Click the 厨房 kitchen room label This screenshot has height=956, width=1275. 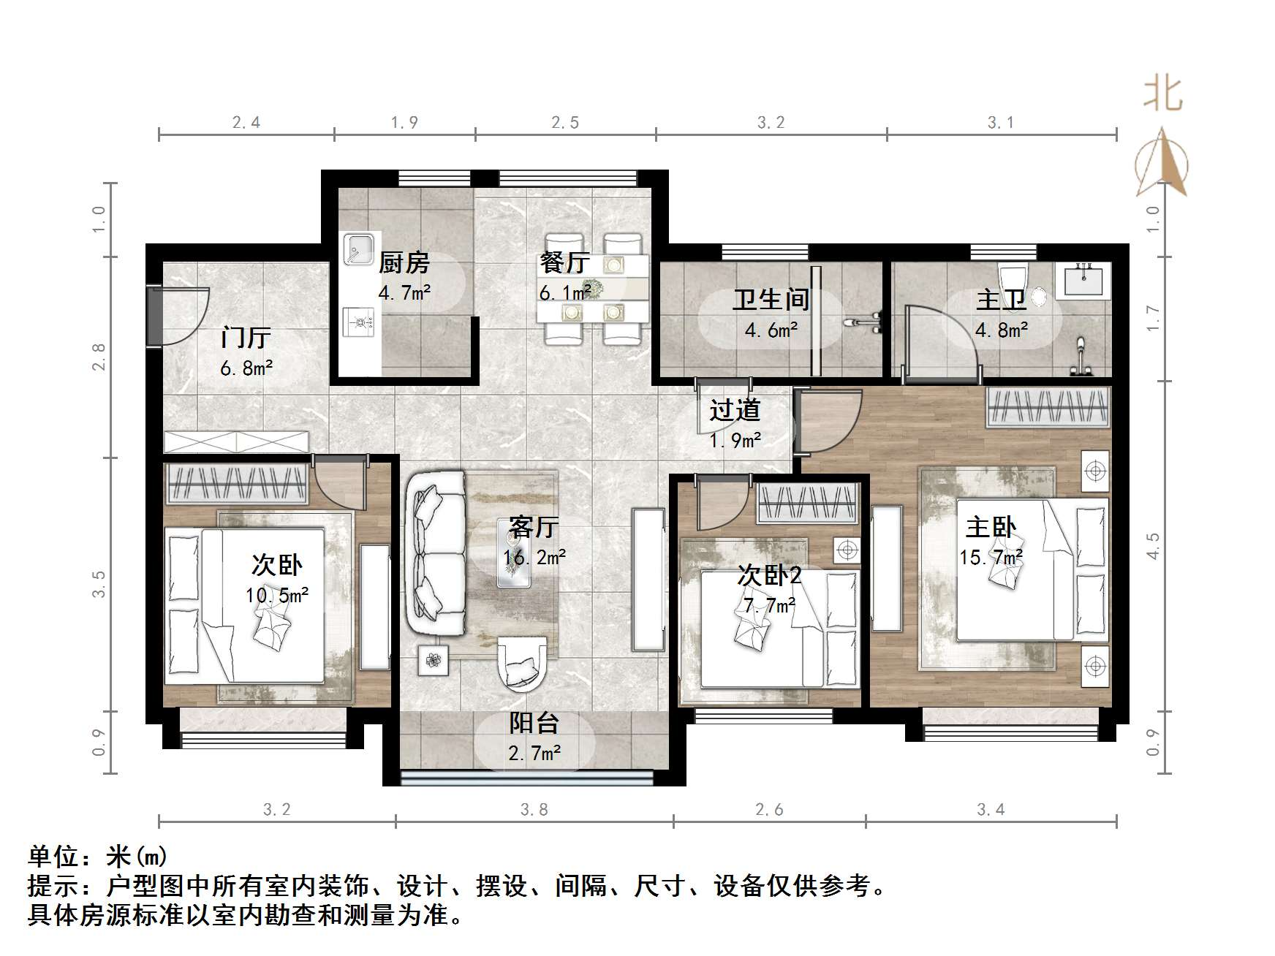click(404, 262)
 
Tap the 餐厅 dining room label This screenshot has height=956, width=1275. click(564, 262)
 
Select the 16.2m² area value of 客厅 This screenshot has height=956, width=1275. click(534, 558)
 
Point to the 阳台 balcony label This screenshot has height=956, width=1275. click(534, 724)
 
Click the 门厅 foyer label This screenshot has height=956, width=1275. click(246, 338)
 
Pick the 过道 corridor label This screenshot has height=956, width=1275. click(735, 411)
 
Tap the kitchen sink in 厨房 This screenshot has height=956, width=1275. click(360, 249)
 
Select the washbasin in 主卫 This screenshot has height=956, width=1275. click(1083, 280)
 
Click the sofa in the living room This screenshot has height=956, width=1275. click(436, 553)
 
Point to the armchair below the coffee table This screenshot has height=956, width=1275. click(522, 664)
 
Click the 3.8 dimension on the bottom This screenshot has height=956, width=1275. click(534, 810)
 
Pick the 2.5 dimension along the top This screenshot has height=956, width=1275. click(565, 123)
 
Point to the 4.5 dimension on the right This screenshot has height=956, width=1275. click(1154, 546)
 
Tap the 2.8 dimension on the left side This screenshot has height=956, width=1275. click(99, 357)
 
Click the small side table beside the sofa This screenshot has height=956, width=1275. click(434, 661)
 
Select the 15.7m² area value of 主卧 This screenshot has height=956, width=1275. click(991, 558)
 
